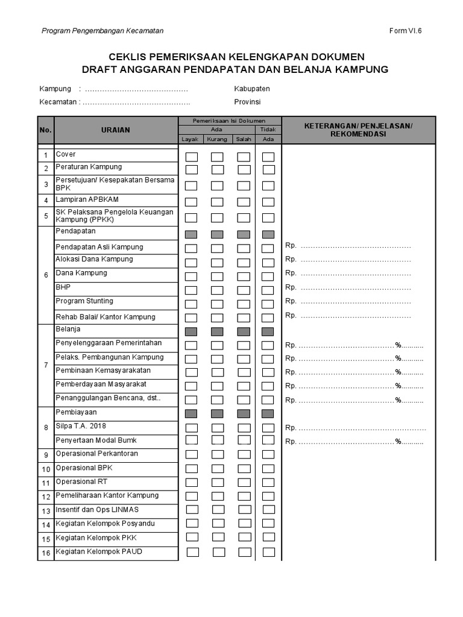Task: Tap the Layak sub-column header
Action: coord(191,139)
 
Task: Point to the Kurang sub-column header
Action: coord(217,139)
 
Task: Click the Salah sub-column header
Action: coord(244,139)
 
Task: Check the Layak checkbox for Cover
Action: coord(192,157)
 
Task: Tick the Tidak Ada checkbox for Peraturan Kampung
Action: coord(268,169)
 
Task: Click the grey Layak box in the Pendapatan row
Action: coord(192,234)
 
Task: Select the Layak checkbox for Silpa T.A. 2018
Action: coord(192,428)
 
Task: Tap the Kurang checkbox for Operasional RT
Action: coord(217,483)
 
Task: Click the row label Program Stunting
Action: coord(84,301)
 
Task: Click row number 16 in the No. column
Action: coord(46,553)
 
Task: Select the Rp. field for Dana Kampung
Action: coord(355,274)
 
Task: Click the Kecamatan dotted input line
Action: coord(136,102)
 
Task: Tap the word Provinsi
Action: coord(247,102)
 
